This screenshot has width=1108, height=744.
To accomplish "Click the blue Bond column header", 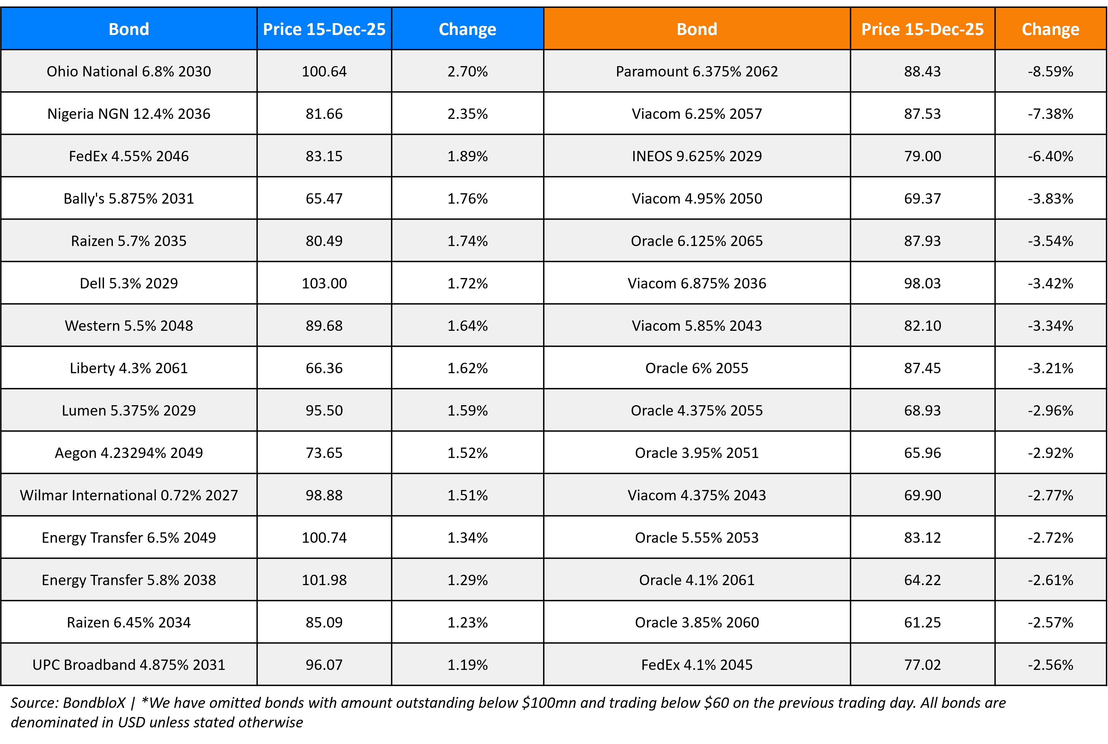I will (x=129, y=29).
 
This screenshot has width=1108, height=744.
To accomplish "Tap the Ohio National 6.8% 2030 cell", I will (x=129, y=71).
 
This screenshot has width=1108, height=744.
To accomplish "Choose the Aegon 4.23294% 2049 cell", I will (x=129, y=453).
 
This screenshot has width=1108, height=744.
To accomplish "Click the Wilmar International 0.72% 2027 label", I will (x=129, y=495).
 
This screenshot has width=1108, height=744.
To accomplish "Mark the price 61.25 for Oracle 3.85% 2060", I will (x=922, y=622).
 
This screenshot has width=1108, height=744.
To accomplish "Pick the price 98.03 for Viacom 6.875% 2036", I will (x=922, y=283).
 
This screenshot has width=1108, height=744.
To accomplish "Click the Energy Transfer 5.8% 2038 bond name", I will (x=129, y=580).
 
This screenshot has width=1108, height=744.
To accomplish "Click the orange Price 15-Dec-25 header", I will (x=922, y=29).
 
